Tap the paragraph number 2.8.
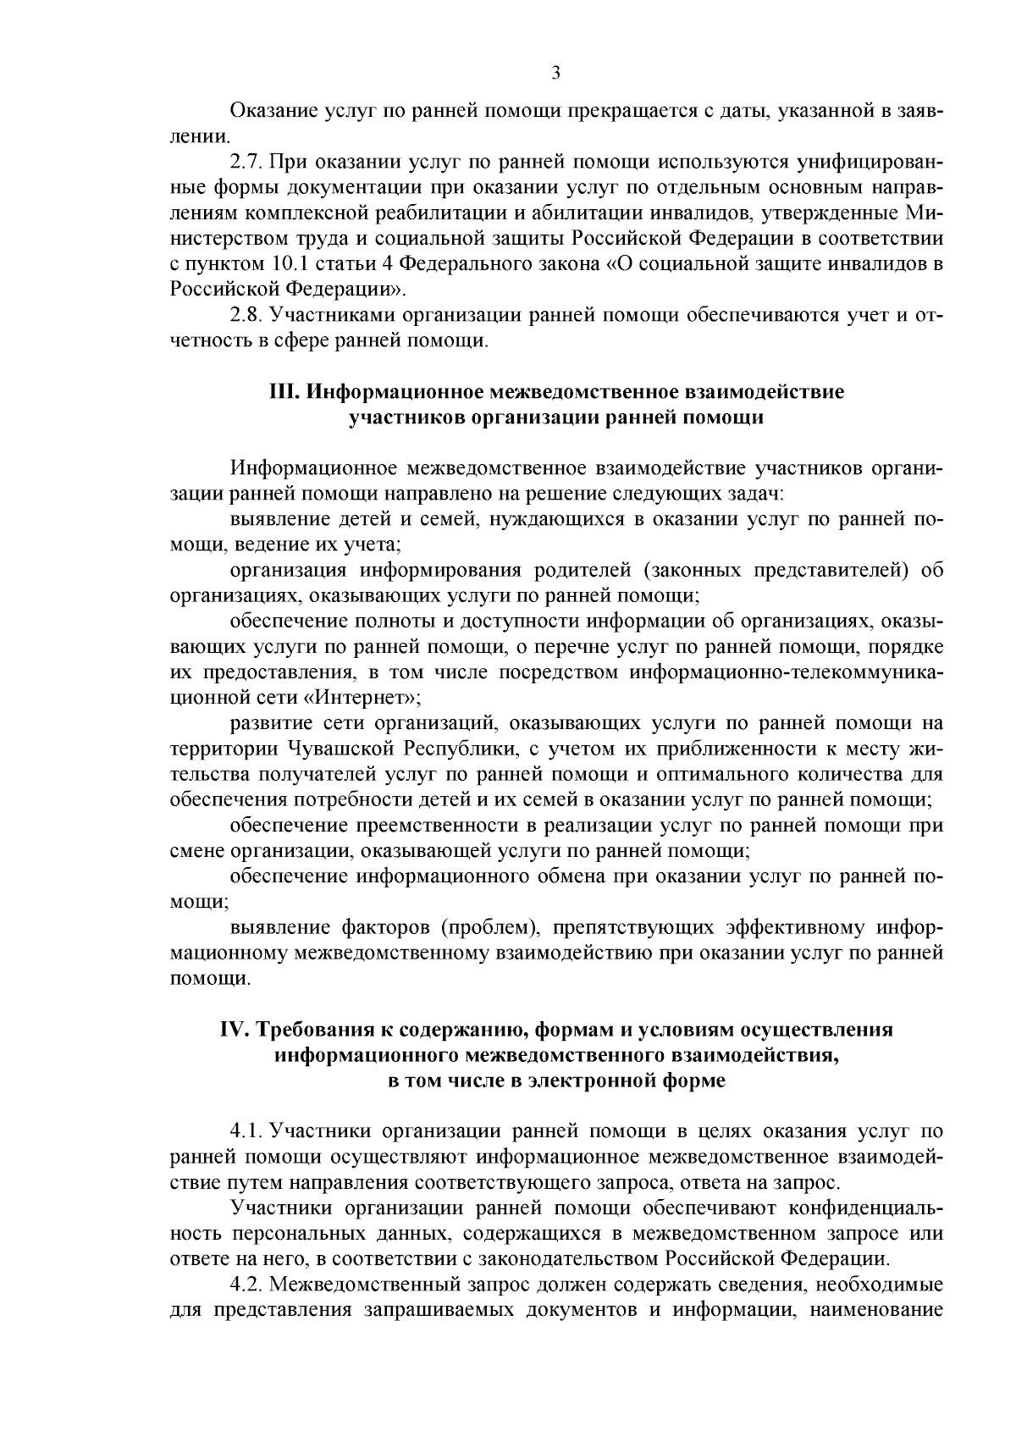(x=246, y=316)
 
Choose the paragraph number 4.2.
(x=246, y=1285)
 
